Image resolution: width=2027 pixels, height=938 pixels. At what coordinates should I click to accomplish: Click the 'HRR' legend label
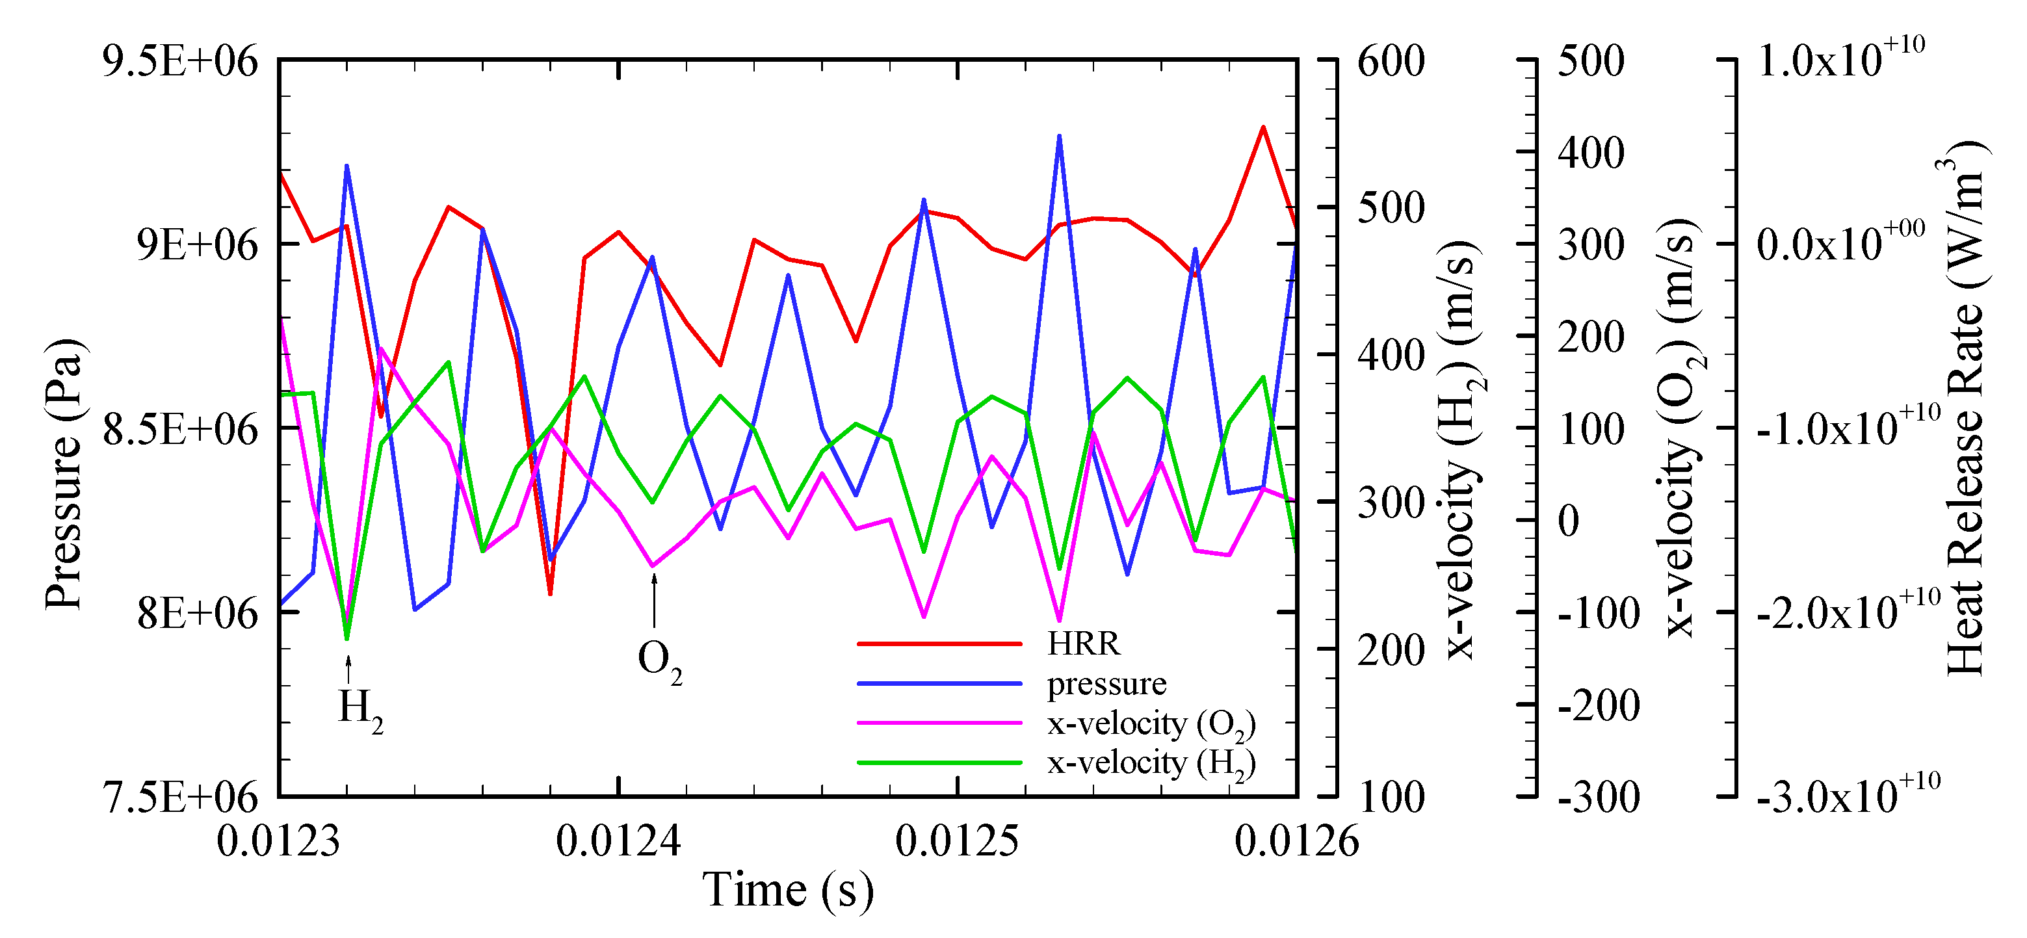tap(1083, 644)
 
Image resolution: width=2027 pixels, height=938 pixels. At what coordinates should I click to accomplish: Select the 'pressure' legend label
tap(1106, 683)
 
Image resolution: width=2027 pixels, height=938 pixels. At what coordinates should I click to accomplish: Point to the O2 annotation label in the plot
tap(659, 660)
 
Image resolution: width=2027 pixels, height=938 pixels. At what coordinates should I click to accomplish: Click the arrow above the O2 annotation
tap(654, 601)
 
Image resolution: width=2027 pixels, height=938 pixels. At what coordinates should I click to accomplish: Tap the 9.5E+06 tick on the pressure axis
tap(180, 60)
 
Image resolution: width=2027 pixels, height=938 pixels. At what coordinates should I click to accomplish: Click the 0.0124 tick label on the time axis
tap(618, 840)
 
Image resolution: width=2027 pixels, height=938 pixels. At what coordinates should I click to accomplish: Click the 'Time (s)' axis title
tap(788, 890)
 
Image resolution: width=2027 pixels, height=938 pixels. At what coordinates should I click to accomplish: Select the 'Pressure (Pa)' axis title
tap(64, 475)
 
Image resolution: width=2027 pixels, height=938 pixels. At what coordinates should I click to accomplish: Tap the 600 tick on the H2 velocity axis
tap(1391, 60)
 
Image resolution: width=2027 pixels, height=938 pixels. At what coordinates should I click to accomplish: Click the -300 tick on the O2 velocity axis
tap(1598, 797)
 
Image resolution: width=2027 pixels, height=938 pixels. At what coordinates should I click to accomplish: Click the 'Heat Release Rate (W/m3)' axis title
tap(1965, 409)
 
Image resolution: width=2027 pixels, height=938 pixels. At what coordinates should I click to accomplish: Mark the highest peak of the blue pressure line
tap(1059, 135)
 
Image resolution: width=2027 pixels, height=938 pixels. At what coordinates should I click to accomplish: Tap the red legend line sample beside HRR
tap(939, 644)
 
